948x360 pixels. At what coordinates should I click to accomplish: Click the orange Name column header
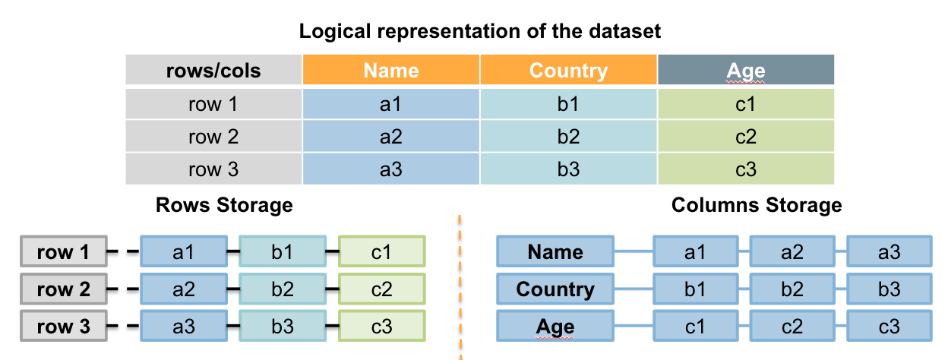click(x=391, y=71)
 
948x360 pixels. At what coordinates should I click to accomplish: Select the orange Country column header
click(x=568, y=71)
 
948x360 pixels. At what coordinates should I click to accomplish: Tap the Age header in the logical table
click(x=746, y=71)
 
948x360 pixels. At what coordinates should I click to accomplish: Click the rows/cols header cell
click(x=213, y=71)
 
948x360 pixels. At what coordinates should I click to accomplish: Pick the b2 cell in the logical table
click(x=568, y=137)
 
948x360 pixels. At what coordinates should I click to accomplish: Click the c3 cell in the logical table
click(x=746, y=169)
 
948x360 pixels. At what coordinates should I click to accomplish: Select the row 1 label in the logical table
click(x=213, y=104)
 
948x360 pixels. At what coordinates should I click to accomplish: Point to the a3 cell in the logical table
click(x=391, y=169)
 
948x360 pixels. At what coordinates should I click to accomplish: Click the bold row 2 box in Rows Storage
click(x=63, y=289)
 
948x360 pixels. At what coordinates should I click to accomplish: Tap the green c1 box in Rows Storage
click(x=381, y=252)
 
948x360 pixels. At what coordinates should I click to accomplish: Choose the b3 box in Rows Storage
click(x=283, y=327)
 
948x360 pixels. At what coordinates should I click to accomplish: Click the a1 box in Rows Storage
click(x=183, y=252)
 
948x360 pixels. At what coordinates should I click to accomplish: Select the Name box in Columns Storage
click(x=555, y=252)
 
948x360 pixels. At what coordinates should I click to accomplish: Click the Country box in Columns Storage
click(x=555, y=289)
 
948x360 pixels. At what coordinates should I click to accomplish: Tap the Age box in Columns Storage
click(x=555, y=327)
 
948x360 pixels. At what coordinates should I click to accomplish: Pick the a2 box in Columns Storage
click(x=792, y=252)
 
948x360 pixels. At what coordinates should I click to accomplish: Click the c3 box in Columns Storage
click(x=889, y=327)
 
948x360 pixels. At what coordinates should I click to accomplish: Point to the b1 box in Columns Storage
click(x=694, y=289)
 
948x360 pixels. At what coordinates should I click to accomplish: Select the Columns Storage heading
click(x=757, y=205)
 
